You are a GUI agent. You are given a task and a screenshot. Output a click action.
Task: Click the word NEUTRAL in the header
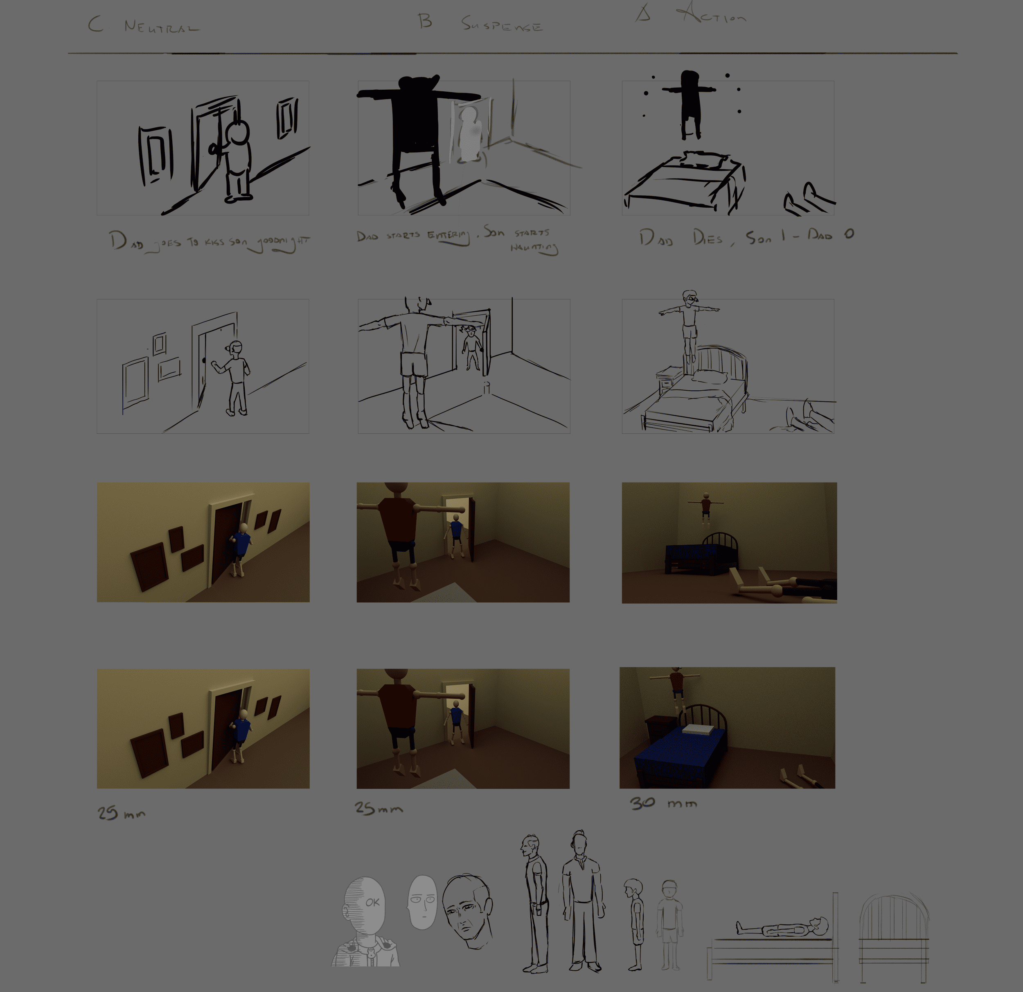tap(161, 27)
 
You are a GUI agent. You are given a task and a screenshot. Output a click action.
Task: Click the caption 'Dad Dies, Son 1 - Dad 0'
tap(746, 238)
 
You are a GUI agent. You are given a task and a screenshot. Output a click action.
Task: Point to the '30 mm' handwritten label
tap(663, 803)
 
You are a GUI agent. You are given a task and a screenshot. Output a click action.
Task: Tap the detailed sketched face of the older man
tap(467, 910)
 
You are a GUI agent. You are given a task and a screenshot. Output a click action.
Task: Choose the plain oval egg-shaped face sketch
tap(422, 902)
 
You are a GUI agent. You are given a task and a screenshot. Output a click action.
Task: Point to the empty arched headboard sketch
tap(894, 930)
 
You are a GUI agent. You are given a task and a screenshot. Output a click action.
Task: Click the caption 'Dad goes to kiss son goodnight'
tap(209, 242)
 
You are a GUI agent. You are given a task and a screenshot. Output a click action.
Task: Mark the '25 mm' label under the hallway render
tap(121, 813)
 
